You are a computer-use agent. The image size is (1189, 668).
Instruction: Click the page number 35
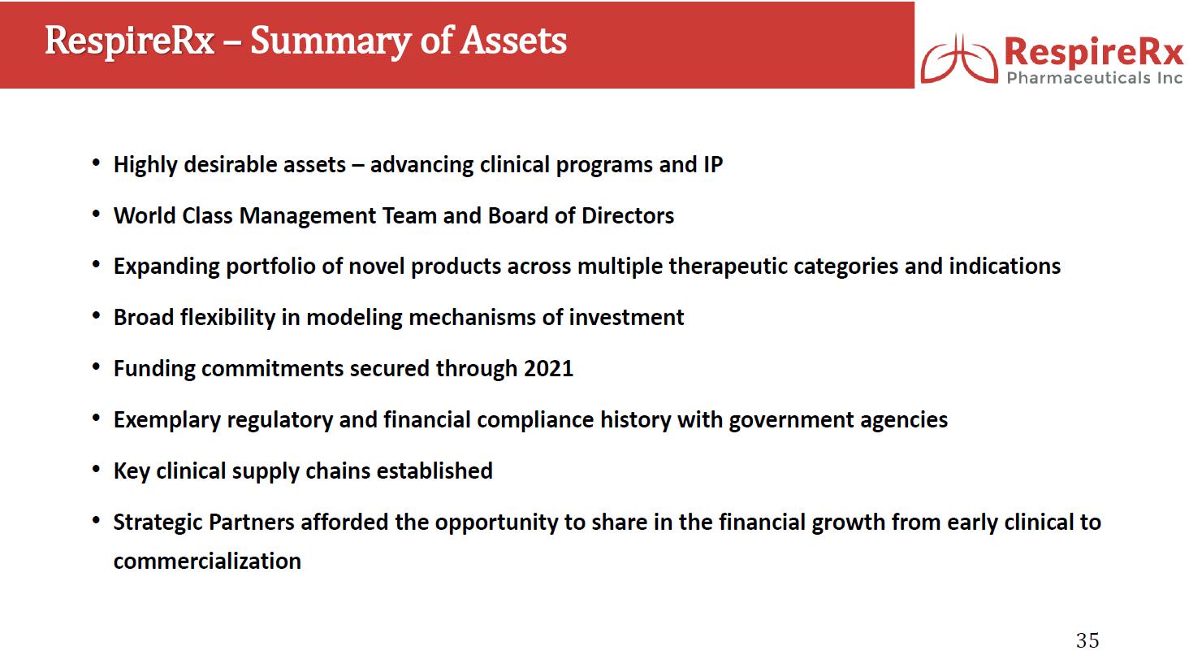click(x=1087, y=640)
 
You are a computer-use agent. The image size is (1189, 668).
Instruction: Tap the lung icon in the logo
click(x=958, y=59)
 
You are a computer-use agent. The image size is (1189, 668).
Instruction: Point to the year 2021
click(x=548, y=368)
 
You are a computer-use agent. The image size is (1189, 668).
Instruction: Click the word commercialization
click(x=207, y=562)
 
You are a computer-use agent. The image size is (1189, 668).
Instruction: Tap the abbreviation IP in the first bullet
click(x=713, y=165)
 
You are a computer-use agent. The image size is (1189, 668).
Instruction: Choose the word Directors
click(x=628, y=215)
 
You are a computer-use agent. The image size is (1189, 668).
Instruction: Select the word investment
click(x=626, y=318)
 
